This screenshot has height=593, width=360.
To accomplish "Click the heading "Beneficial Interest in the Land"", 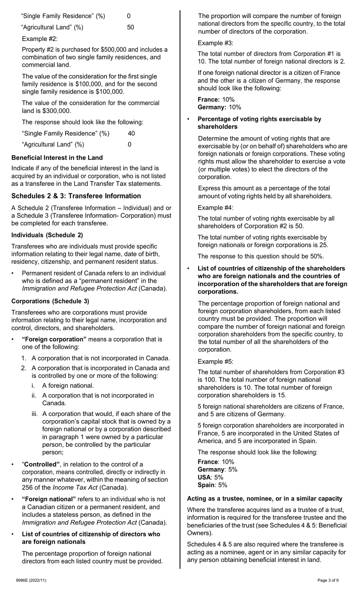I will pos(57,158).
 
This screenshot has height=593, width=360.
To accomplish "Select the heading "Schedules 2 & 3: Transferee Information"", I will pos(76,196).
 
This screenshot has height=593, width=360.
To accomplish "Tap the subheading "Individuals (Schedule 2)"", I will pos(47,235).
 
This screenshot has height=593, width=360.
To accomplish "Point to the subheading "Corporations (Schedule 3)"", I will pos(50,301).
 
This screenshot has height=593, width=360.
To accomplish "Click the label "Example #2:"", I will pos(39,39).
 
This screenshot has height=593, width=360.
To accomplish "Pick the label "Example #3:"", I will pos(215,43).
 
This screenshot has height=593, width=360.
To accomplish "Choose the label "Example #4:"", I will pos(215,207).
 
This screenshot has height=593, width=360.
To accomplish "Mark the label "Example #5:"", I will pos(215,361).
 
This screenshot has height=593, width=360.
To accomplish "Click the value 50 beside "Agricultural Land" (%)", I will pos(130,27).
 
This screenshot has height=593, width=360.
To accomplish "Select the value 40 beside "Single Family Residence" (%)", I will pos(131,133).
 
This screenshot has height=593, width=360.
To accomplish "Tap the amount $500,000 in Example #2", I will pos(113,50).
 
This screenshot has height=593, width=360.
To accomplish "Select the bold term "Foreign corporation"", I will pos(54,339).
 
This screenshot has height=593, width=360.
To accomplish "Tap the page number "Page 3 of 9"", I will pos(328,580).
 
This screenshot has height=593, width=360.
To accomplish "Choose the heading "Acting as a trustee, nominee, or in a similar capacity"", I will pos(265,499).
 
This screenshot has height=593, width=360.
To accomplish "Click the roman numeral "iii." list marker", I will pos(36,414).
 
